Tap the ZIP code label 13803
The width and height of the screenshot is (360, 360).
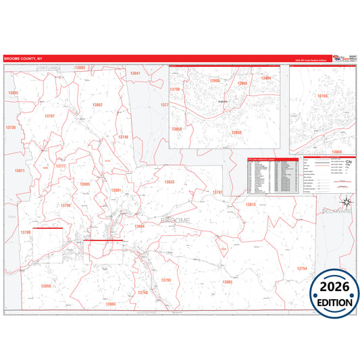pos(80,68)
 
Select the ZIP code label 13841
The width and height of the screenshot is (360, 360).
pos(135,73)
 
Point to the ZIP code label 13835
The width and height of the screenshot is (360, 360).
pos(13,93)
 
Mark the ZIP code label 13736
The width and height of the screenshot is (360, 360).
pos(10,127)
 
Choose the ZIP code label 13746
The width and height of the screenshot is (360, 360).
pos(123,136)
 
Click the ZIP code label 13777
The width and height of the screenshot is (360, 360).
pos(61,165)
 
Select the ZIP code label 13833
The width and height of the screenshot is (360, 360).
pos(169,182)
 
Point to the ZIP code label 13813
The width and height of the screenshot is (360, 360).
pos(251,204)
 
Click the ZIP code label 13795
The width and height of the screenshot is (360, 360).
pos(166,279)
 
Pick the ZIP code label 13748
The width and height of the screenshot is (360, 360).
pos(142,292)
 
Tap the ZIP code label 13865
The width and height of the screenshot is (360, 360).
pos(227,282)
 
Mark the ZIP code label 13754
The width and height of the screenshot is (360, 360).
pos(301,268)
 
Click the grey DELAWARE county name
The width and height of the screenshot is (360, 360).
pos(336,211)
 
